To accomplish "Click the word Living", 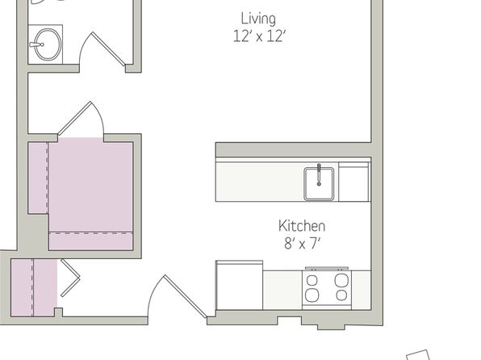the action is (x=258, y=19).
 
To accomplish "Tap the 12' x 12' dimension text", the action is (x=259, y=36).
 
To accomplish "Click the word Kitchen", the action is (x=302, y=226).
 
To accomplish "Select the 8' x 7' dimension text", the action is (x=302, y=244).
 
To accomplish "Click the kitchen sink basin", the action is (x=319, y=184).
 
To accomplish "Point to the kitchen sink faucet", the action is (x=319, y=174).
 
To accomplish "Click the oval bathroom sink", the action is (x=48, y=44).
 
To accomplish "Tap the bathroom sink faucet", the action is (x=37, y=45).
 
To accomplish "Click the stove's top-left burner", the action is (x=312, y=280).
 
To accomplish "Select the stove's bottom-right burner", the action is (x=341, y=295).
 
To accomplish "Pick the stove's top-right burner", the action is (x=341, y=280).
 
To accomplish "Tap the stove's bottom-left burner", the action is (x=312, y=295).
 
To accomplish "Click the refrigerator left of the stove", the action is (x=240, y=286).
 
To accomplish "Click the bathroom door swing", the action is (x=102, y=49).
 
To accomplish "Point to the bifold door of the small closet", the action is (x=70, y=278).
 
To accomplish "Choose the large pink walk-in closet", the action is (x=81, y=195).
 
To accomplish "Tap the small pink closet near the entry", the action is (x=34, y=287).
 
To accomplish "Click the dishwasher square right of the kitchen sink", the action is (x=354, y=182).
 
